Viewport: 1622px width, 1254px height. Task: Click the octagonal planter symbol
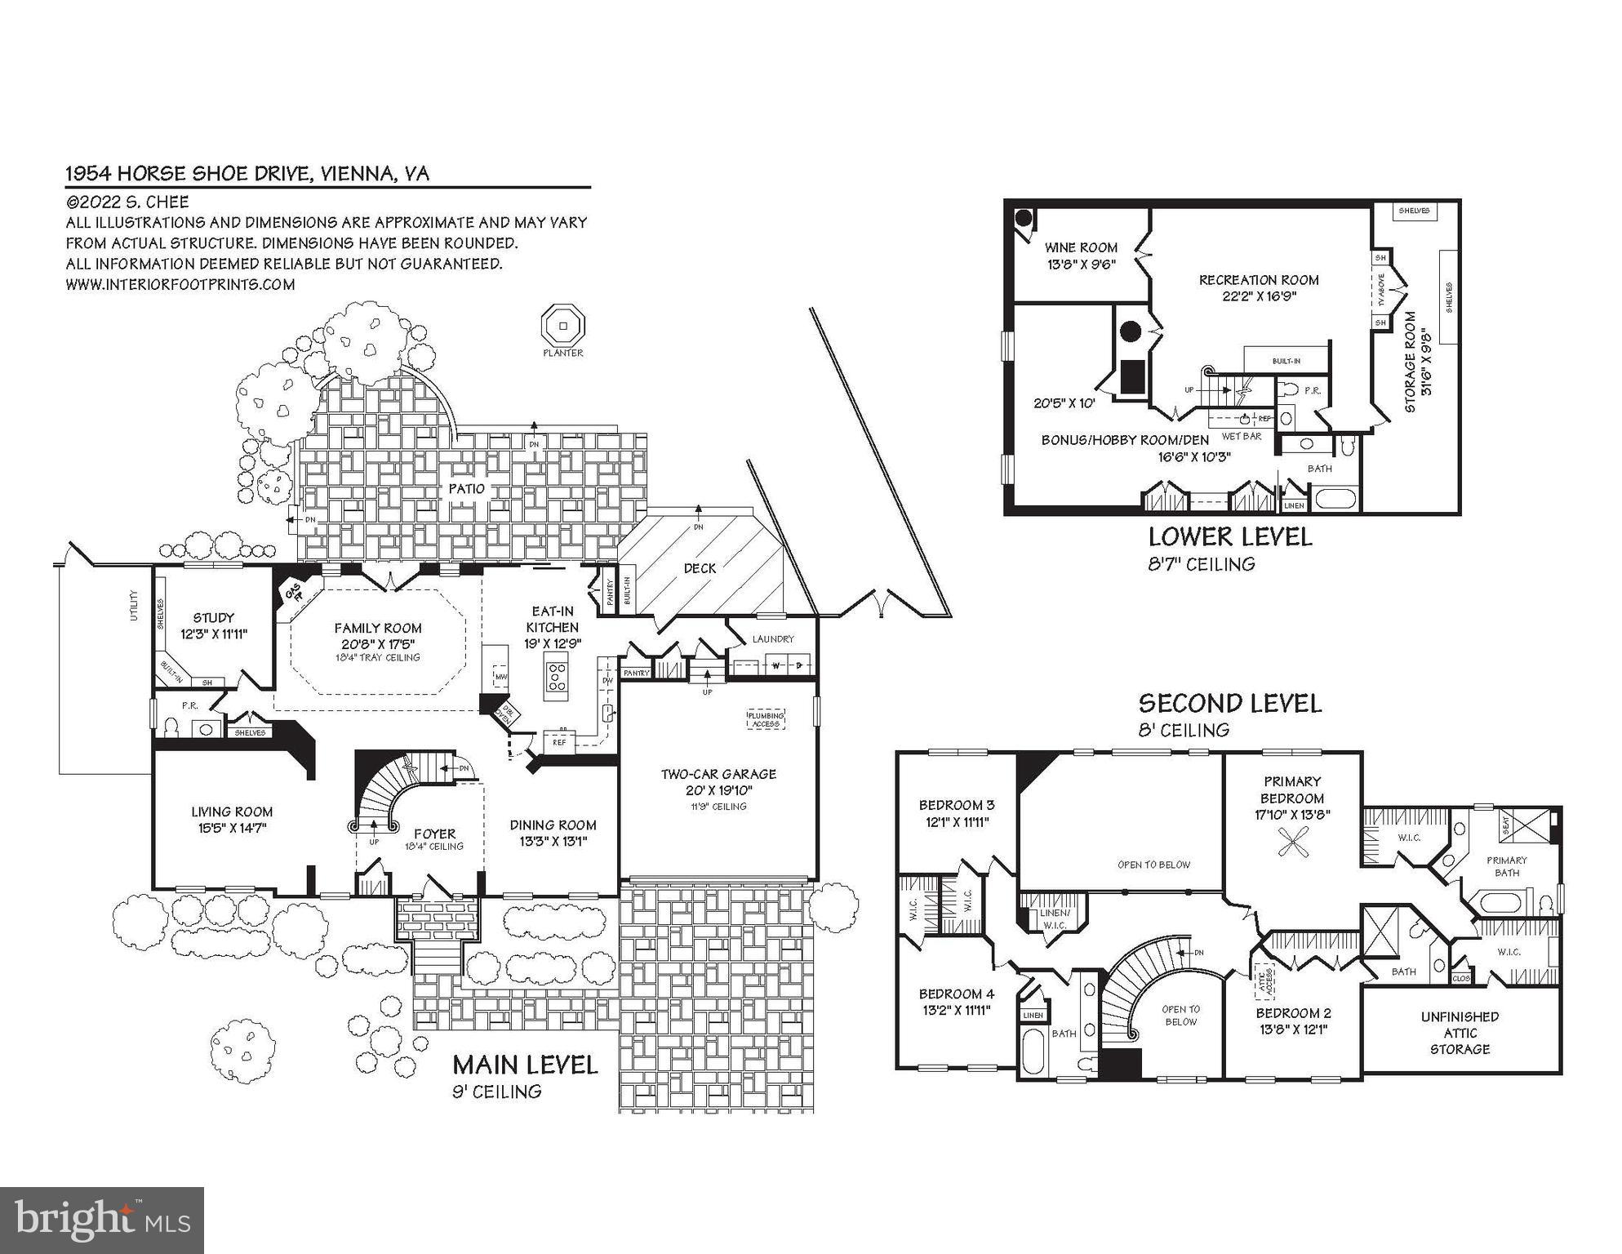(x=563, y=327)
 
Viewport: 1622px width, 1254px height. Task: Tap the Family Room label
(x=378, y=628)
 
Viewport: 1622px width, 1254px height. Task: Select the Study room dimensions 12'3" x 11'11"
(x=214, y=634)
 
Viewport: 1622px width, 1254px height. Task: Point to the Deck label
(x=700, y=568)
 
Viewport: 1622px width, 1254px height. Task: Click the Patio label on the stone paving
(x=466, y=489)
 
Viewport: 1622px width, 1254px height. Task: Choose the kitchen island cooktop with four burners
(x=558, y=676)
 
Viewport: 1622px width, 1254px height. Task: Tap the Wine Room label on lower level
(x=1081, y=247)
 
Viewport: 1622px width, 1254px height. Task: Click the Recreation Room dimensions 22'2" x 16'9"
(x=1259, y=297)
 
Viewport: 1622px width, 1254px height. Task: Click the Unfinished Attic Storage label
(x=1460, y=1033)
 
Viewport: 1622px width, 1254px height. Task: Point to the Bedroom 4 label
(x=956, y=994)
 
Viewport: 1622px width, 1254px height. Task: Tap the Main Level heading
(x=525, y=1065)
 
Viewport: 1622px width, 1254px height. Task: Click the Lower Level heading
(x=1230, y=537)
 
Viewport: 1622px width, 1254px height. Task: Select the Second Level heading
(x=1229, y=703)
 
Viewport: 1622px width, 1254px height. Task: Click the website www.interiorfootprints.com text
(x=180, y=284)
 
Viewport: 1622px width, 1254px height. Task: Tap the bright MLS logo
(x=102, y=1220)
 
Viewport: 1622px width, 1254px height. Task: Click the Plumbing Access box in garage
(x=765, y=719)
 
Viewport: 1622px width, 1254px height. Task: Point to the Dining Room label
(x=553, y=825)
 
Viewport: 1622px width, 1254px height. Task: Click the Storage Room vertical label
(x=1410, y=361)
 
